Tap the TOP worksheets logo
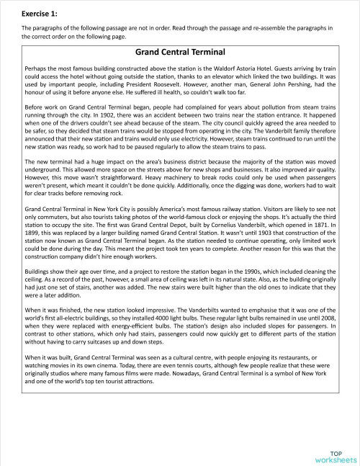(335, 452)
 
